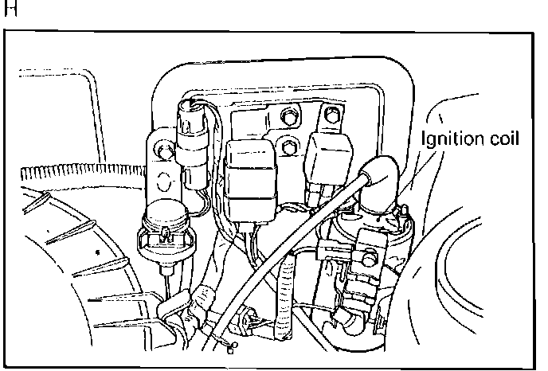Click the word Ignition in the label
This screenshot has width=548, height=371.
[x=450, y=139]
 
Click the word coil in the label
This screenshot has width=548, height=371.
[x=503, y=139]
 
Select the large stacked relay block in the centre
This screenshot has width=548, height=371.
[x=249, y=177]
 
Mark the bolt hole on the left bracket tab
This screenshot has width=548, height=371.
[x=164, y=148]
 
